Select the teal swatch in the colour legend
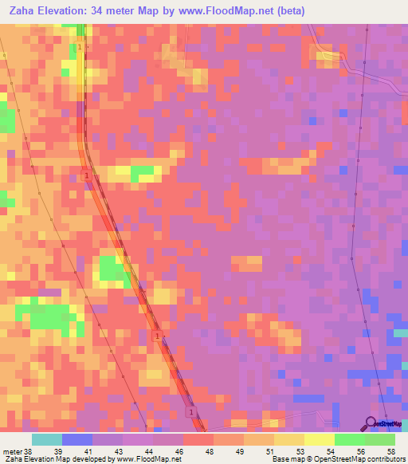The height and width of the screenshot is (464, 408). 47,439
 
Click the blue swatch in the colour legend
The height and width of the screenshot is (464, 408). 77,439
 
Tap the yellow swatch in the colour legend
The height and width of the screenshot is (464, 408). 320,439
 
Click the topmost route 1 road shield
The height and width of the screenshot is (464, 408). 80,47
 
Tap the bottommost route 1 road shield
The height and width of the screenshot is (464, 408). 190,412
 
